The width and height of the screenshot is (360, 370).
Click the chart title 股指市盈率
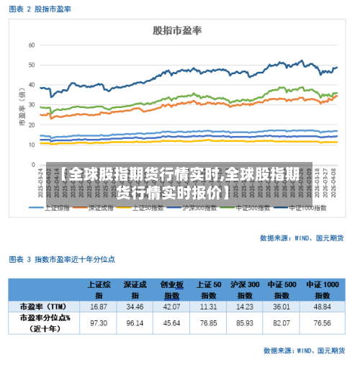coord(176,30)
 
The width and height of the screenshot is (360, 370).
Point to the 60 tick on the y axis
coord(31,45)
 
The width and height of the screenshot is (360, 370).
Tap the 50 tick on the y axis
coord(31,65)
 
